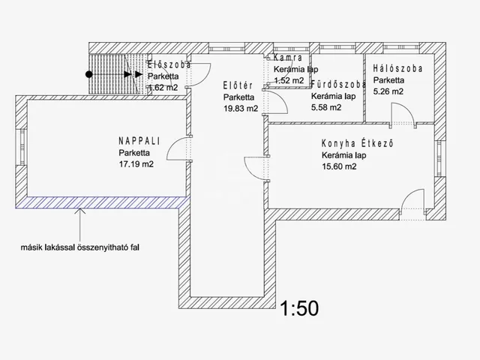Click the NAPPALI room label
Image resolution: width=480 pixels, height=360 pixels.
point(139,141)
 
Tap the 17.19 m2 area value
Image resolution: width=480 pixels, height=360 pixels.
point(136,164)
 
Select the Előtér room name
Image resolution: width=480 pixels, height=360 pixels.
point(238,85)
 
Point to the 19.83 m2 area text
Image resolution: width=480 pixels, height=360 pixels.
point(241,108)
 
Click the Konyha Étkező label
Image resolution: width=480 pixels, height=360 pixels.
point(357,143)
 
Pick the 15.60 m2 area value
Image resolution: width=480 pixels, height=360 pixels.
point(339,166)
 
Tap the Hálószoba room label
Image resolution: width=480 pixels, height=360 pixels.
point(397,68)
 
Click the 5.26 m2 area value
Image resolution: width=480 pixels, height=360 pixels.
point(388,91)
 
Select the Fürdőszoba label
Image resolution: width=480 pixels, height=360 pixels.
point(338,84)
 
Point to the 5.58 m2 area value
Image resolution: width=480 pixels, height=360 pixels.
point(326,107)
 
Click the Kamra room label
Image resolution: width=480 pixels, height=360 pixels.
point(288,58)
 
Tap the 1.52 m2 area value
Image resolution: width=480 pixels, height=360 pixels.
point(289,80)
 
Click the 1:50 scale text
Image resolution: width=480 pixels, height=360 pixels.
point(299,308)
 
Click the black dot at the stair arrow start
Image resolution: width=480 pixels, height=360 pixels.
point(88,74)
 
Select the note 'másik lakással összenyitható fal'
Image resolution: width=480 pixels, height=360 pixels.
point(80,247)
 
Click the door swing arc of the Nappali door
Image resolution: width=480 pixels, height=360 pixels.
point(175,145)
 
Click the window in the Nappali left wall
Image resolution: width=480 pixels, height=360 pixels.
point(22,147)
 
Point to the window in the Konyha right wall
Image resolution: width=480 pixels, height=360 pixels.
point(440,158)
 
